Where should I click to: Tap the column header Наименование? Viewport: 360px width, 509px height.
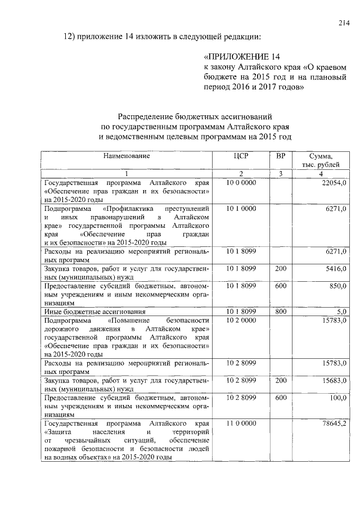pos(127,155)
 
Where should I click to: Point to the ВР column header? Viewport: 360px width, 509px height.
pos(280,155)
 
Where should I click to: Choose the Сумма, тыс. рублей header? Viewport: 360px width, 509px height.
pos(320,160)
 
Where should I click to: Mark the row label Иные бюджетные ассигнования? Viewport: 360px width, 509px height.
pos(95,311)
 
